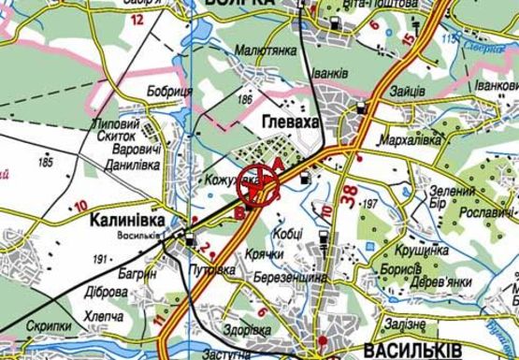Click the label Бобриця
coord(169,91)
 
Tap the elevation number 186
coord(247,99)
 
